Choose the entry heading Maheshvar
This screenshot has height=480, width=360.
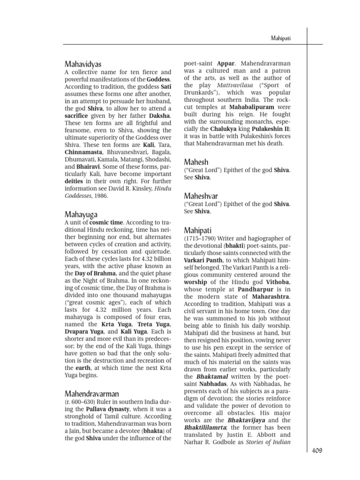point(201,195)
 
